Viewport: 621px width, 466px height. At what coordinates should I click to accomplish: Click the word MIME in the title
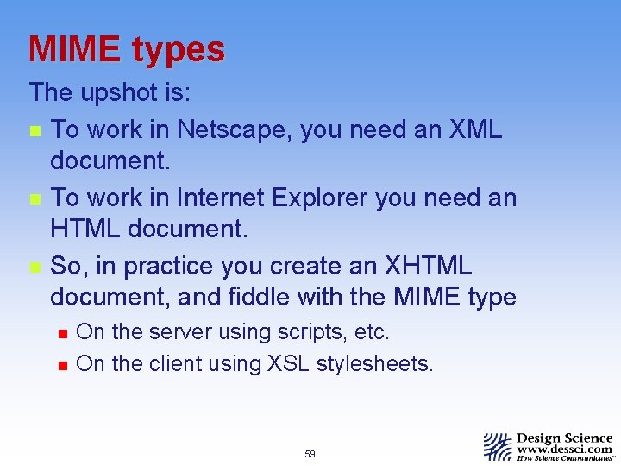(x=75, y=49)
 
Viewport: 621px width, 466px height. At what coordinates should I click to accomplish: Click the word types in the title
(x=179, y=51)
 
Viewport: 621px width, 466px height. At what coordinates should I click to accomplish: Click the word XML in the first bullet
(x=476, y=129)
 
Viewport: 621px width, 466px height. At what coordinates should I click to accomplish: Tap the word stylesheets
(x=374, y=363)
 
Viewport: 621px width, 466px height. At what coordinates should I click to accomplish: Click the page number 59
(x=310, y=454)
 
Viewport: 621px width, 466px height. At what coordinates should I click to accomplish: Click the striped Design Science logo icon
(x=498, y=446)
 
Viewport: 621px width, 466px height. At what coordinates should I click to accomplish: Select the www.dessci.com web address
(x=566, y=450)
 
